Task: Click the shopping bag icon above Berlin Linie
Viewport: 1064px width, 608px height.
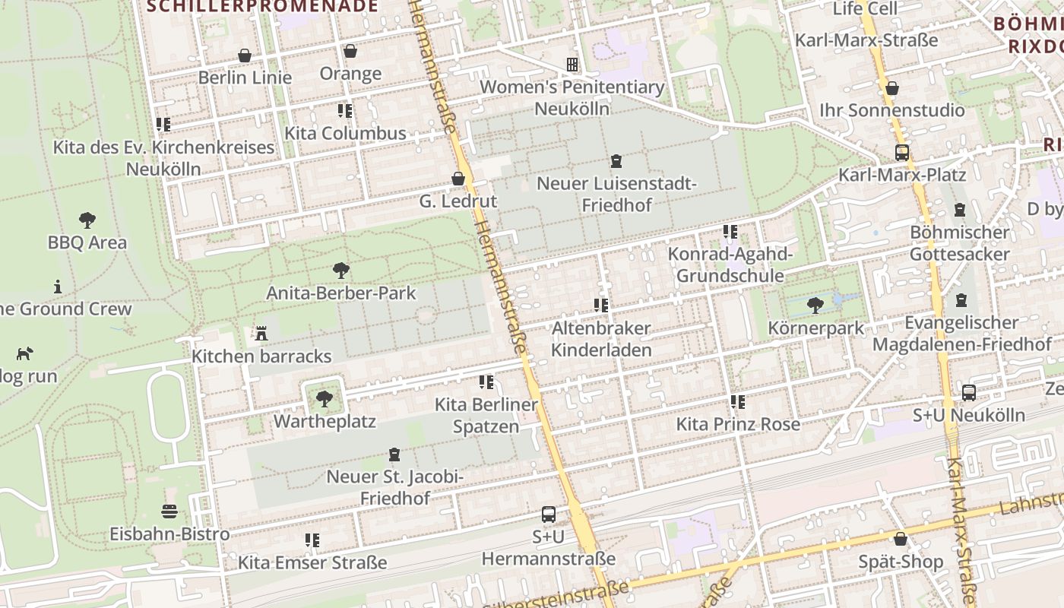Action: coord(245,55)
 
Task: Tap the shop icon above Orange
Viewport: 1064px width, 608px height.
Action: coord(350,51)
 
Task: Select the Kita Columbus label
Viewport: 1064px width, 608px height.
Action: coord(345,133)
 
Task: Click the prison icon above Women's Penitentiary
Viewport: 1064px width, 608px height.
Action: coord(572,65)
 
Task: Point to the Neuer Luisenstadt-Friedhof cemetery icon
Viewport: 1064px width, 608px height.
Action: coord(616,161)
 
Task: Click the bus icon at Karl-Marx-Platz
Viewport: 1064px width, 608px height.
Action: coord(902,152)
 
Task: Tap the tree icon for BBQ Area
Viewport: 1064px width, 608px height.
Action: coord(87,220)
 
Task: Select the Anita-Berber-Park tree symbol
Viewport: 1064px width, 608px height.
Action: coord(341,270)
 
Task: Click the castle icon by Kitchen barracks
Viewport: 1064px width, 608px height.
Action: coord(261,333)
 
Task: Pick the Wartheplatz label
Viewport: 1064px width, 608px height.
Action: coord(325,420)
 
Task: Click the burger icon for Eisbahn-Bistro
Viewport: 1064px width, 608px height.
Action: coord(169,511)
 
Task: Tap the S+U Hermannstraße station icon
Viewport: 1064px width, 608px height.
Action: coord(548,515)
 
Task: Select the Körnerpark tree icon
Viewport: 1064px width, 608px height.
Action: coord(815,306)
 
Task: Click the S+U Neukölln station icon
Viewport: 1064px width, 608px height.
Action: coord(969,393)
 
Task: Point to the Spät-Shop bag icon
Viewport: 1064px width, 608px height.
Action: coord(901,539)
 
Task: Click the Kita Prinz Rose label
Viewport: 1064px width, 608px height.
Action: coord(738,424)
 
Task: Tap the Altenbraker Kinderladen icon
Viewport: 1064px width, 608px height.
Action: coord(601,306)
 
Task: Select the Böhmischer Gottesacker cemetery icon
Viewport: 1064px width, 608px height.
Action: coord(960,210)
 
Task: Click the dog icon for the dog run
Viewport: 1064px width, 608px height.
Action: coord(25,353)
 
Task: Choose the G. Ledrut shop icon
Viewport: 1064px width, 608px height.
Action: coord(458,179)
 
